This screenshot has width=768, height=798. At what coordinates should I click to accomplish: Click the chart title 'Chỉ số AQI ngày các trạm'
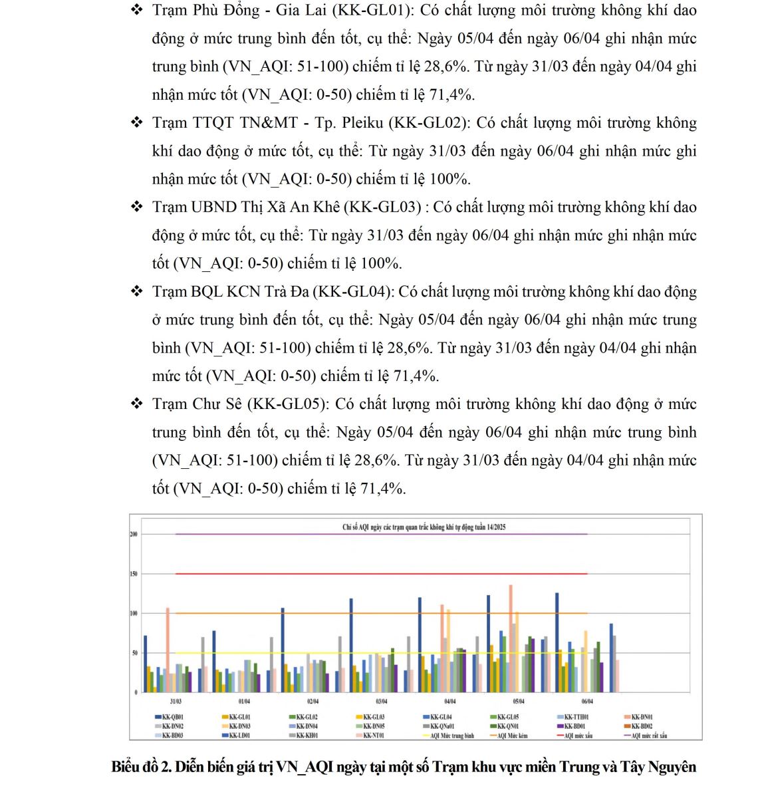click(424, 527)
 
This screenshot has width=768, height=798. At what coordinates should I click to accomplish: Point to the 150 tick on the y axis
click(134, 573)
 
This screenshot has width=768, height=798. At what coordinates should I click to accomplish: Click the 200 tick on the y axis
click(134, 534)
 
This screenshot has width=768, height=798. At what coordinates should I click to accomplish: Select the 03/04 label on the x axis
click(382, 702)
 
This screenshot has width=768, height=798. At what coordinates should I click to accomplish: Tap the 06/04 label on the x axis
click(587, 702)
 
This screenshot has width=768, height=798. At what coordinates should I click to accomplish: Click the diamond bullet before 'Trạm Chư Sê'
click(137, 404)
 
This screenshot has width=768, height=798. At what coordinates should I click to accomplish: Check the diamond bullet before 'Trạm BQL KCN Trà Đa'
click(137, 291)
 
